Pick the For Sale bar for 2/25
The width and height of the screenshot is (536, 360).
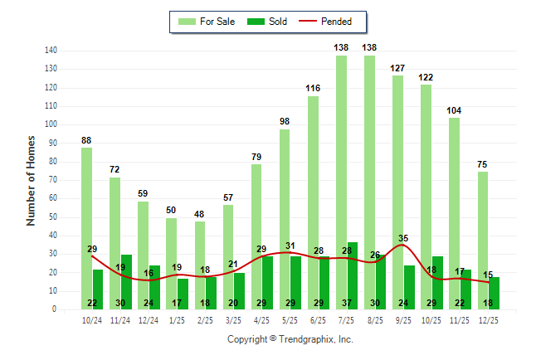200,249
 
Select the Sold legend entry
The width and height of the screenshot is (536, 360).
268,22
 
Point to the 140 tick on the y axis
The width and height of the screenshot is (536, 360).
51,51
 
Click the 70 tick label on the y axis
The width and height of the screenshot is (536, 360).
53,180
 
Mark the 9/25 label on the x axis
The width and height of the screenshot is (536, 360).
403,320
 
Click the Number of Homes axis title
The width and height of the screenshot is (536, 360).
32,180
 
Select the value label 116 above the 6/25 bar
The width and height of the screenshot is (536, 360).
313,88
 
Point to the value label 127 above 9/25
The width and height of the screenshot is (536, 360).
397,68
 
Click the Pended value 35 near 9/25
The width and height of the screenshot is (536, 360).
403,238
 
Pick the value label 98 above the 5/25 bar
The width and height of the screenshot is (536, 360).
285,121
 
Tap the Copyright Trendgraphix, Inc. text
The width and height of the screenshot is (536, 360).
290,339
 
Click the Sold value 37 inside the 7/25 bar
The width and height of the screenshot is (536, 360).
347,303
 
